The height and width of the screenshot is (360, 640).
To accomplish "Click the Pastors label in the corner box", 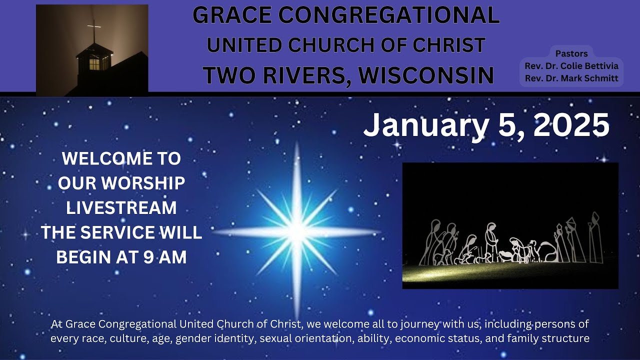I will click(571, 53).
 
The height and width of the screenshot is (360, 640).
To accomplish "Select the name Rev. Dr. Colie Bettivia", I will click(571, 65).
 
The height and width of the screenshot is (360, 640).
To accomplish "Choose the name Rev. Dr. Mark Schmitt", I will click(571, 78).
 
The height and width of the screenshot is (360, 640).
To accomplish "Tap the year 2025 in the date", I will click(571, 125).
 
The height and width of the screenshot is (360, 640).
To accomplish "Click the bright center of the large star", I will click(297, 231).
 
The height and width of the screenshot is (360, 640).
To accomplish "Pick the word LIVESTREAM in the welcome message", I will click(121, 207).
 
